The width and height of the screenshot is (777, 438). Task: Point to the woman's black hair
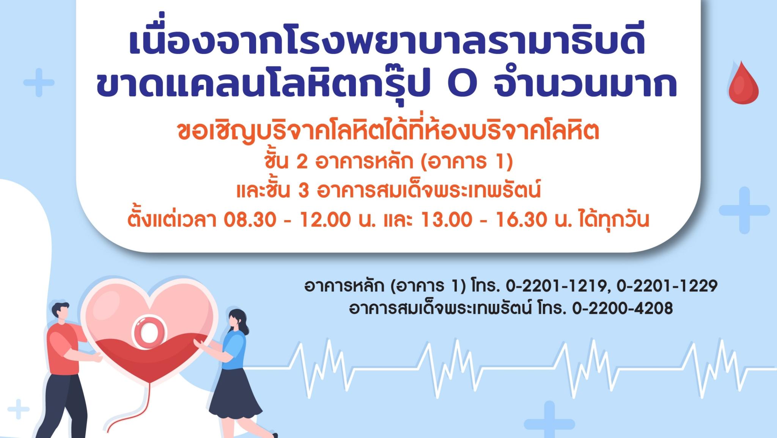[238, 321]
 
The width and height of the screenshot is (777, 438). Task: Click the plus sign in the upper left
[39, 82]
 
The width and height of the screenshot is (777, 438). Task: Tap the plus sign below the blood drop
[744, 210]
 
